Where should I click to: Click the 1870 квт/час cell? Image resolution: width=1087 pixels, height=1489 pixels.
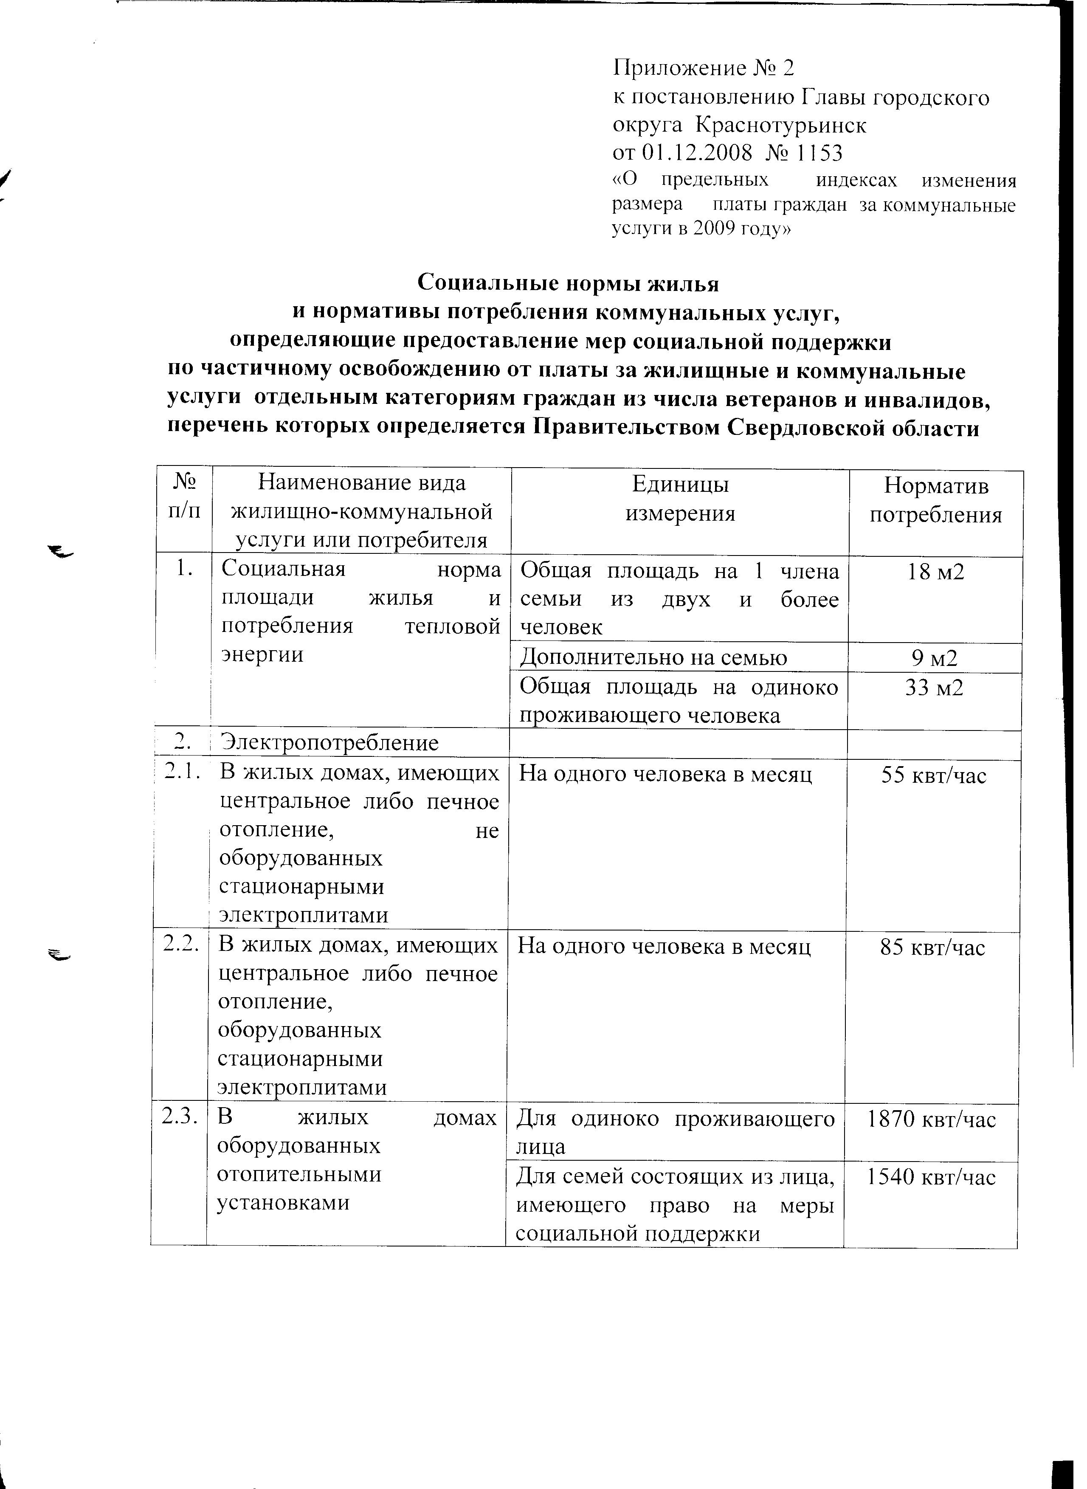[x=931, y=1119]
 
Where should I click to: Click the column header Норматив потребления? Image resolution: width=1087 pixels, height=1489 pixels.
[x=936, y=501]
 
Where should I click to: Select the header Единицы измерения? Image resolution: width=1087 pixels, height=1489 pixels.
[x=680, y=499]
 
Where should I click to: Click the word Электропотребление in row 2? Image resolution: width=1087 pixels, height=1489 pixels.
[x=329, y=743]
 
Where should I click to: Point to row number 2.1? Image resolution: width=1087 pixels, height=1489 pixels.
[x=182, y=774]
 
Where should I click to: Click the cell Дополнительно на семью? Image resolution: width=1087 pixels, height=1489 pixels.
[x=653, y=658]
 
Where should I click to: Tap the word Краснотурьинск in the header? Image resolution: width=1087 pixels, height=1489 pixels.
[x=781, y=125]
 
